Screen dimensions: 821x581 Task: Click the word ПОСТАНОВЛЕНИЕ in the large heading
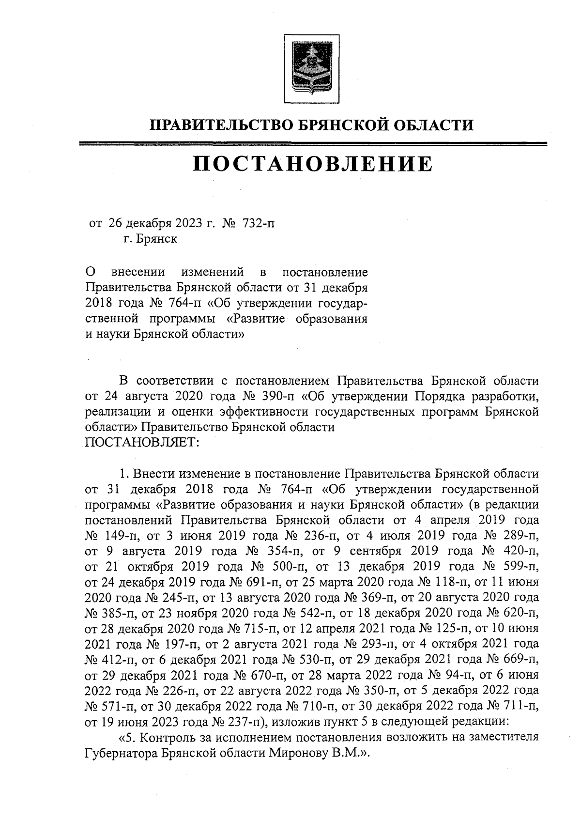(x=312, y=164)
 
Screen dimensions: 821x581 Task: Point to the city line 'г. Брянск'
(x=150, y=239)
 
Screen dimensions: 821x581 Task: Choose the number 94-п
(x=444, y=674)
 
